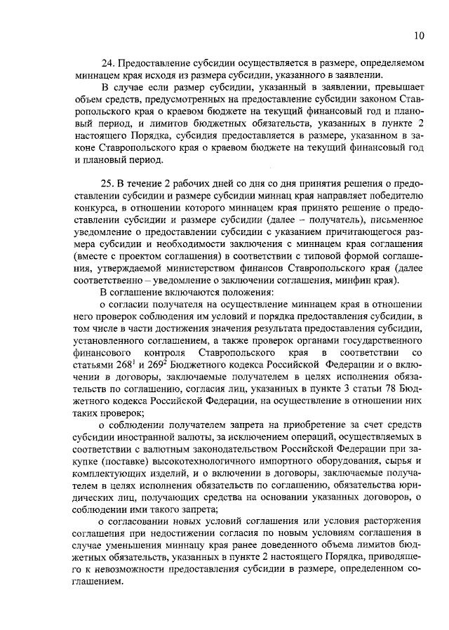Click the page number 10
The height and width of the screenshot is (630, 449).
coord(418,35)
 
